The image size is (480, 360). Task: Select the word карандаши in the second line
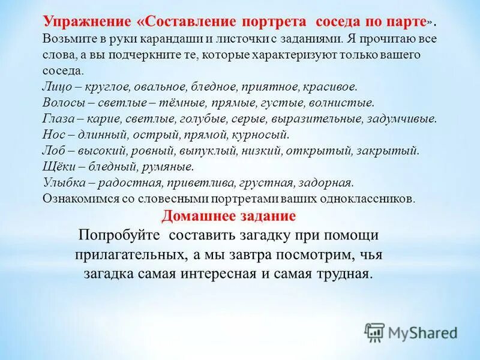181,39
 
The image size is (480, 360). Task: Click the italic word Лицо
56,86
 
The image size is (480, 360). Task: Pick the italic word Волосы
62,103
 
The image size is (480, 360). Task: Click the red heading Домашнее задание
229,215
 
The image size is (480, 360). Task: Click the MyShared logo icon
374,331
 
